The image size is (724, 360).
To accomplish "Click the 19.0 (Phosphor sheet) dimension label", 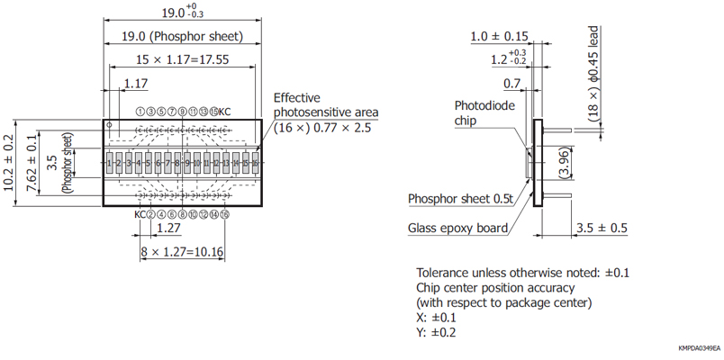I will pos(182,37).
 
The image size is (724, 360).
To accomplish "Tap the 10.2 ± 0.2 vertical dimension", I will pos(11,163).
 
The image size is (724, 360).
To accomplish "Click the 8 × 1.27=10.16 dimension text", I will pos(182,252).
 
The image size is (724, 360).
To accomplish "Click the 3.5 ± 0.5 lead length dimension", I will pos(602,228).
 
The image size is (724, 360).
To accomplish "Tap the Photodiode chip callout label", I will pos(484,112).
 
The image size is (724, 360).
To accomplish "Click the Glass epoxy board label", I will pos(457,228).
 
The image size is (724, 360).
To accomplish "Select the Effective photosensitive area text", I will pos(325,104).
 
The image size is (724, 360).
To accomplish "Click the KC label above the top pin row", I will pos(224,111).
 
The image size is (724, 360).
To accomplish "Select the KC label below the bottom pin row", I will pos(140,214).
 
